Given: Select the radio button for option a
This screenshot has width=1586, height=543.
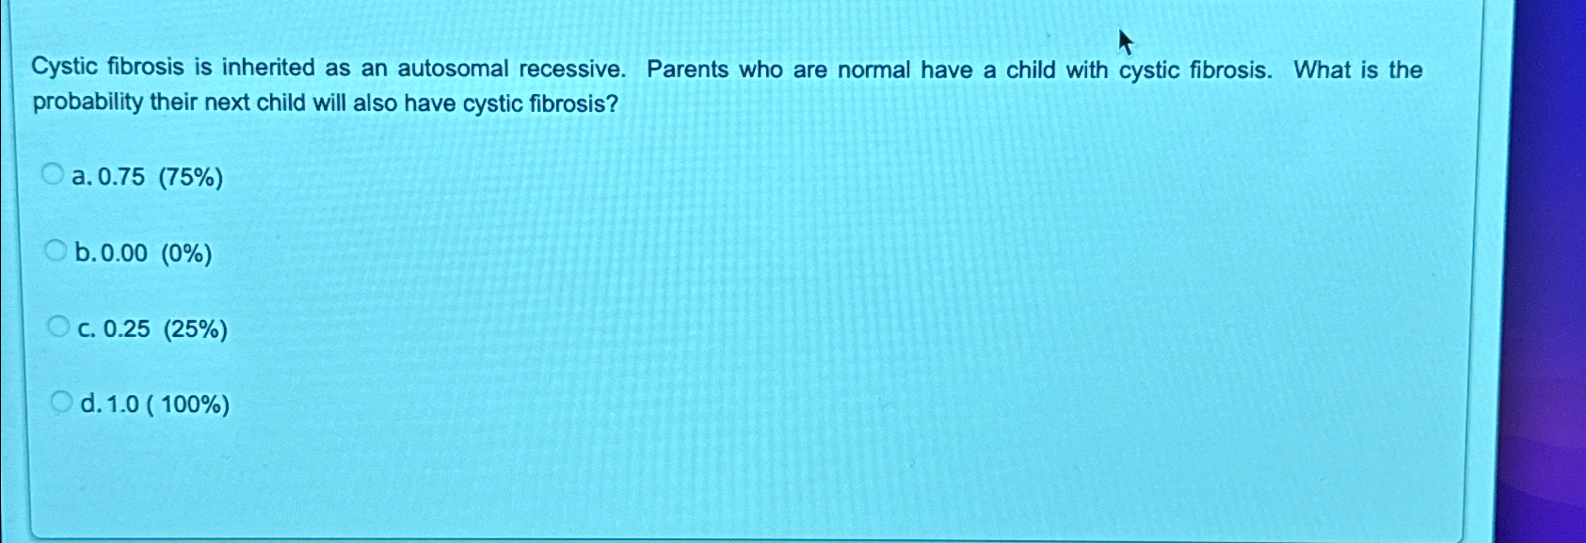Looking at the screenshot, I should [x=54, y=174].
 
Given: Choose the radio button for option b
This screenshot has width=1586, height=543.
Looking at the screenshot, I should [x=56, y=250].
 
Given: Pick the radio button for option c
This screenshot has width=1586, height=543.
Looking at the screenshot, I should [x=58, y=327].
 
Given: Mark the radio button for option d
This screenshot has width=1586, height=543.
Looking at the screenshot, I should [x=60, y=403].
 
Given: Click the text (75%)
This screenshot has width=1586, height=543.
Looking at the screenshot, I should [x=191, y=177].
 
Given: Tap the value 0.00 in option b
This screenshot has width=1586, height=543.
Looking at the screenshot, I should [x=123, y=253].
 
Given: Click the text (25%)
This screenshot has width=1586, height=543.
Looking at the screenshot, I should [x=195, y=329].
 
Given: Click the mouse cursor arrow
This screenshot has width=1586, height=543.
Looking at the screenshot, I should [x=1125, y=41].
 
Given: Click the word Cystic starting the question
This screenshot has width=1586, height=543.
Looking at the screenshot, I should [x=64, y=68].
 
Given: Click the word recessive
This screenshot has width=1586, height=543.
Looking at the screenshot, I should [x=571, y=70].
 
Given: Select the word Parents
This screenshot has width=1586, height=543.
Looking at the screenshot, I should [x=687, y=70].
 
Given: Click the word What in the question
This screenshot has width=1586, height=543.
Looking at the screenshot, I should [x=1322, y=71].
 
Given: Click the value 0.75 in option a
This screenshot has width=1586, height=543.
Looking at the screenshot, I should [x=121, y=177].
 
